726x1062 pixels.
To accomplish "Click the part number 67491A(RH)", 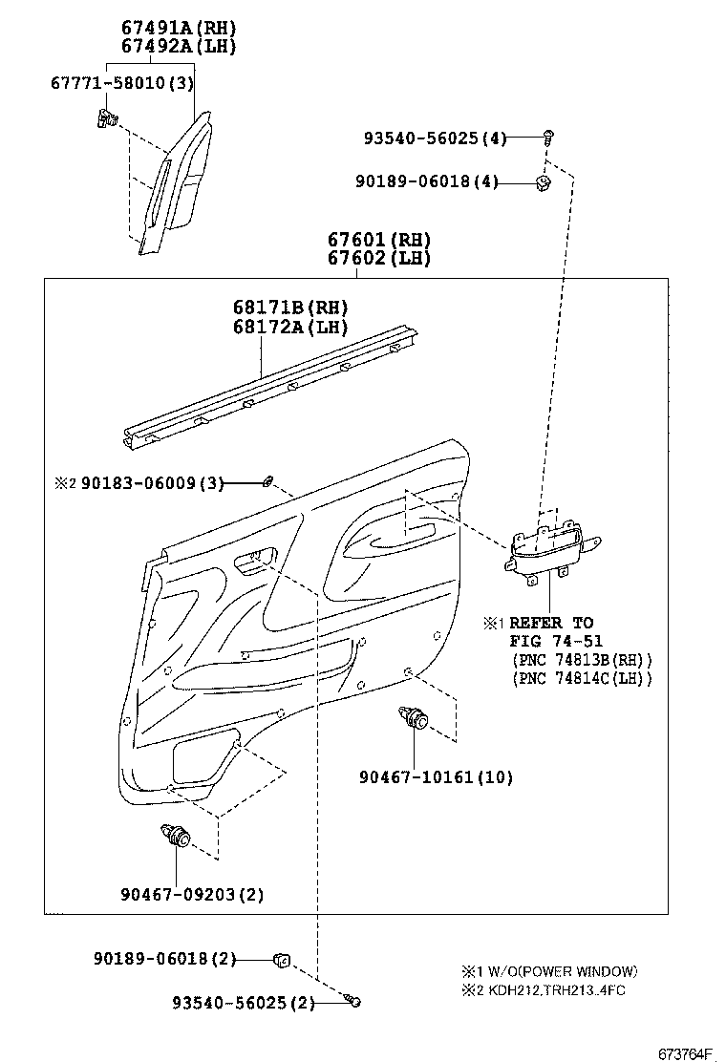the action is point(179,28).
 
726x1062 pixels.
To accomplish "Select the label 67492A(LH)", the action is point(179,47).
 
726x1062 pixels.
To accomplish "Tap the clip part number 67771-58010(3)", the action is point(122,83).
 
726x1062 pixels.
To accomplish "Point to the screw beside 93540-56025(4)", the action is point(549,138).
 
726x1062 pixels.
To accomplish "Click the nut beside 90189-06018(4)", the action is point(544,182).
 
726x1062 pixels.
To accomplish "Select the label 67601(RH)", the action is point(379,239).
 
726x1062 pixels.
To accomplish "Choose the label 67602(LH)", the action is point(379,258).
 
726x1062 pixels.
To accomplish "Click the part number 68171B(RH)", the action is point(290,308).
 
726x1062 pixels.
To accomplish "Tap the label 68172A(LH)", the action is point(290,328).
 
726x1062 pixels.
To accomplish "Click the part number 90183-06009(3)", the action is point(153,483).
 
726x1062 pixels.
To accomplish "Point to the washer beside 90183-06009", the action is point(268,481).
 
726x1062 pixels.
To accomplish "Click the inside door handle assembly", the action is point(551,547).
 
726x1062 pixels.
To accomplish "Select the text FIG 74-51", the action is point(556,641).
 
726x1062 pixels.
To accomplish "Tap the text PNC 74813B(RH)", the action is point(582,659).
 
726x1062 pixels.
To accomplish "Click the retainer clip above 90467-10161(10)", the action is point(413,717).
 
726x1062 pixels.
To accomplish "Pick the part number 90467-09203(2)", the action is point(192,894).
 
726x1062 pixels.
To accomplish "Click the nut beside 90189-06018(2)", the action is point(282,960).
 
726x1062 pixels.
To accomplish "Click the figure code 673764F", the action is point(686,1053).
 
